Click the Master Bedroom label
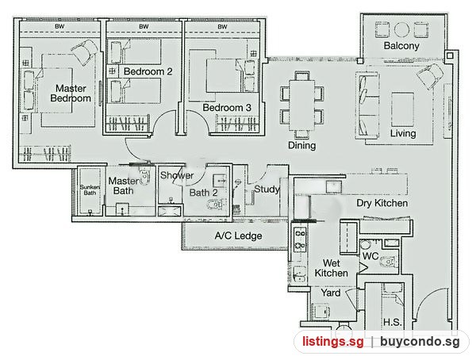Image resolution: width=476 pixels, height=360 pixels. (x=71, y=94)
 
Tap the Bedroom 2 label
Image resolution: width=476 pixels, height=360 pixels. (x=148, y=71)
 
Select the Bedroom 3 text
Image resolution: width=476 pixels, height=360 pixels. (x=227, y=108)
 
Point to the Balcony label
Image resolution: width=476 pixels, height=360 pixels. (x=401, y=46)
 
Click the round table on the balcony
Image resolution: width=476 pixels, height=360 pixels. (x=401, y=29)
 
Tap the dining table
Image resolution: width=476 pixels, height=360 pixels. (x=301, y=105)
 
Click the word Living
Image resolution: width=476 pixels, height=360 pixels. (x=403, y=133)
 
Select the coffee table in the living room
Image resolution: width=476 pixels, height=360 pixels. (x=403, y=109)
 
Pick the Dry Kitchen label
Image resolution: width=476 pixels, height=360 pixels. (x=382, y=203)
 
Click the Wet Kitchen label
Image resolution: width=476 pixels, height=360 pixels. (x=331, y=268)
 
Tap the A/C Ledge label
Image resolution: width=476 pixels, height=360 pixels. (x=238, y=236)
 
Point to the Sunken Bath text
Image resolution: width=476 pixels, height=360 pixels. (x=90, y=190)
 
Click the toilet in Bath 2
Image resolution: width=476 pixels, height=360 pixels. (x=216, y=205)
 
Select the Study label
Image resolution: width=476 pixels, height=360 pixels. (x=267, y=190)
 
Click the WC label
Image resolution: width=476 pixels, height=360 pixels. (x=370, y=256)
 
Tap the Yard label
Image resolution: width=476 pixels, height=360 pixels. (x=331, y=293)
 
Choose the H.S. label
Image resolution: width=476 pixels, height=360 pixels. (x=392, y=323)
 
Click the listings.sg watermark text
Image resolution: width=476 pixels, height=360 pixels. (x=332, y=342)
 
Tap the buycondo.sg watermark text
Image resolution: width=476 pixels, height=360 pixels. (x=420, y=342)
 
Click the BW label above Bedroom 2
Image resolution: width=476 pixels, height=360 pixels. (x=144, y=27)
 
